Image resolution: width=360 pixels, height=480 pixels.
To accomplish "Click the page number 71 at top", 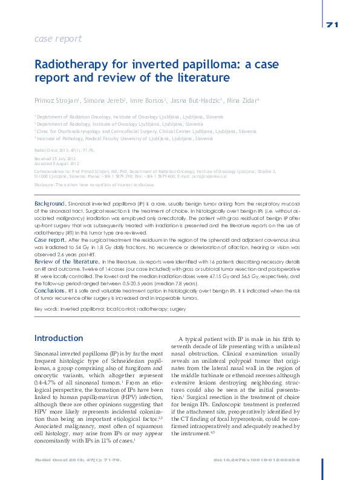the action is tap(332, 25).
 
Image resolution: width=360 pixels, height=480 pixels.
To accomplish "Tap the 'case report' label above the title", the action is tap(58, 39).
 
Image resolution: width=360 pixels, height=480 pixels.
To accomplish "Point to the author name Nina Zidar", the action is tap(243, 100).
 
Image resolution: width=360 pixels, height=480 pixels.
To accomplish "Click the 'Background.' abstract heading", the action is tap(50, 204).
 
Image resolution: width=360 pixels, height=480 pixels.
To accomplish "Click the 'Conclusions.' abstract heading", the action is tap(50, 291).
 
